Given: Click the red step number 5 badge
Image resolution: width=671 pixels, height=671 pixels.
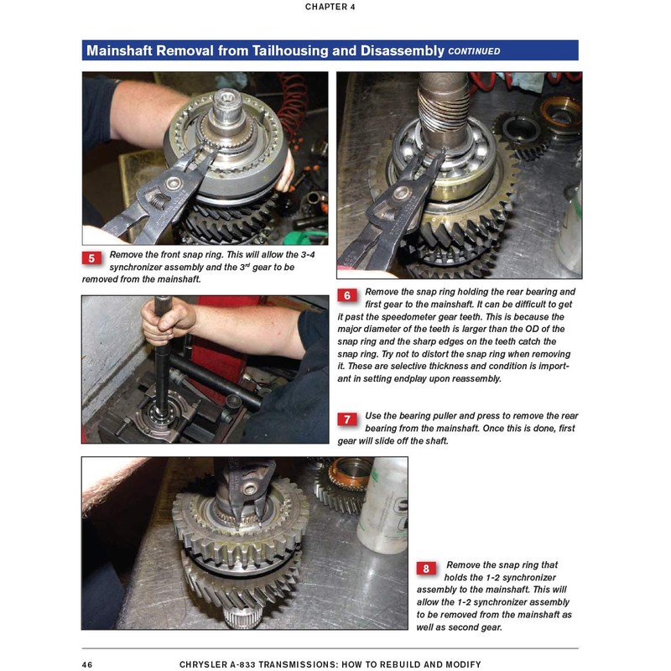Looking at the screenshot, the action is tap(91, 258).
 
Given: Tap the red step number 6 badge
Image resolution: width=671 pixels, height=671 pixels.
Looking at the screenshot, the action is tap(347, 295).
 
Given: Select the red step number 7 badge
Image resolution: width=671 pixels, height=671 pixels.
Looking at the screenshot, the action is tap(347, 419).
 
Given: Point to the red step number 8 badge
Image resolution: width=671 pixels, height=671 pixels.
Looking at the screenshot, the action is tap(426, 569).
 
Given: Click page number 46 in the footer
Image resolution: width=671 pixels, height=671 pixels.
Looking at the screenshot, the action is tap(87, 664).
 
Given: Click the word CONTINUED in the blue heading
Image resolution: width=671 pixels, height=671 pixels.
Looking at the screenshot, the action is tap(474, 51).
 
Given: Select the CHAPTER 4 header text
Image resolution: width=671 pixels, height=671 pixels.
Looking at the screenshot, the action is tap(330, 7).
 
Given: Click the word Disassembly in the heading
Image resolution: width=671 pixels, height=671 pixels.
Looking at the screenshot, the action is tap(403, 50).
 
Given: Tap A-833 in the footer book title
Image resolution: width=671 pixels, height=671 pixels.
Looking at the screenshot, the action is tap(240, 664).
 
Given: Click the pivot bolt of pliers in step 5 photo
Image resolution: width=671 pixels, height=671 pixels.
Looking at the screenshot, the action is tap(174, 184).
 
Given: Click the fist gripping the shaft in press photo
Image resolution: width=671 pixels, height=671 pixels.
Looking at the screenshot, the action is tap(168, 322).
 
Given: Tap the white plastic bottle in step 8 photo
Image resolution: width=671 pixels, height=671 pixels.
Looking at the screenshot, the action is tap(382, 505).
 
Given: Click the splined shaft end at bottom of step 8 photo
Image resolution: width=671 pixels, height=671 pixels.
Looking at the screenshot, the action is tap(242, 617).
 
